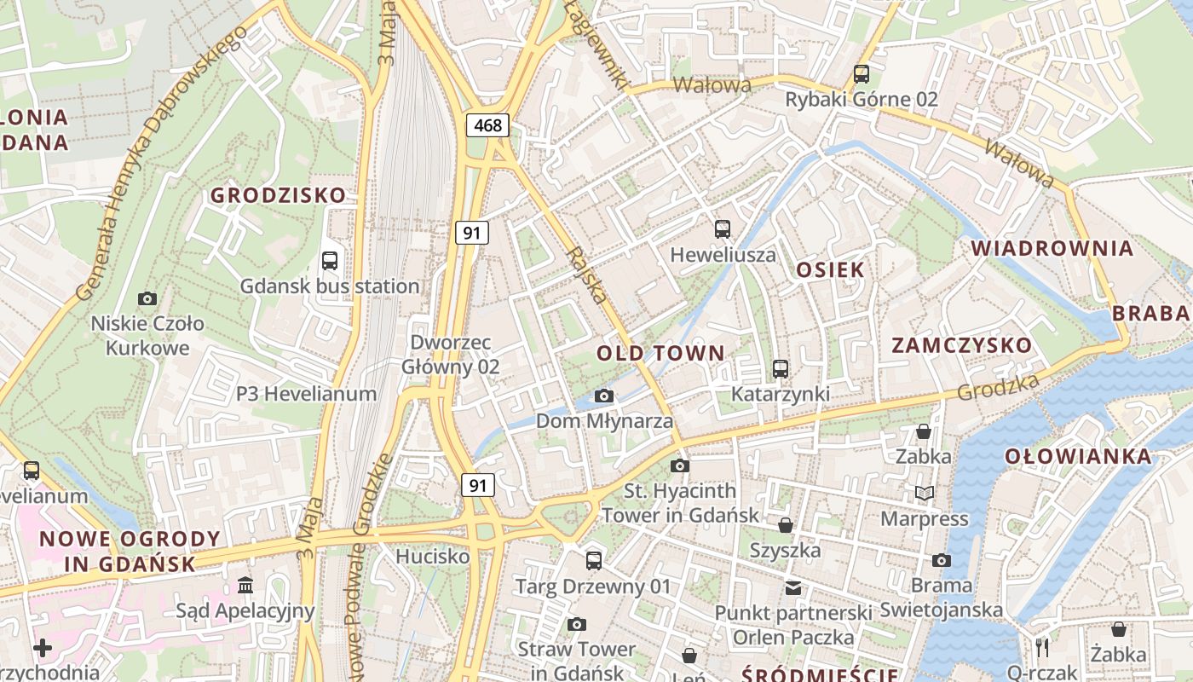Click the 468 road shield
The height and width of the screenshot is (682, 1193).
point(487,125)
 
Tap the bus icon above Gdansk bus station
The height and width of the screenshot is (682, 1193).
point(330,261)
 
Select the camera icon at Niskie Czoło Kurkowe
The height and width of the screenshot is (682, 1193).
point(147,298)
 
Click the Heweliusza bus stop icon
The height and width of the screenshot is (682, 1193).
point(723,228)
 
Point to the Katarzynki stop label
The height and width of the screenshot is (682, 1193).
point(780,394)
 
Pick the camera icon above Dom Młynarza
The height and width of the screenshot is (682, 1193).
point(604,396)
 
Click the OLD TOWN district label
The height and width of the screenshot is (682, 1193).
point(660,353)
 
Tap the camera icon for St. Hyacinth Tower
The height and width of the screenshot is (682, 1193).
point(680,465)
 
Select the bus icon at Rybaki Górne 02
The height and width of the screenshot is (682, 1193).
point(862,73)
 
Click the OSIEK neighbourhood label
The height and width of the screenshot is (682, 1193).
point(830,270)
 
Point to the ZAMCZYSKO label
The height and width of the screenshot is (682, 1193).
point(961,345)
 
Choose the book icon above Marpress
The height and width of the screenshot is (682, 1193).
point(925,493)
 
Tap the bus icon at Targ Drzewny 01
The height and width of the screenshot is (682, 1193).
point(594,561)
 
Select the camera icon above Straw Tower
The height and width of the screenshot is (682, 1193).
point(577,624)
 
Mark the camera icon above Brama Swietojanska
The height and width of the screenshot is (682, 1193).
point(942,560)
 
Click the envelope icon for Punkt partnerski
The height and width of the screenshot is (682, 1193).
point(793,587)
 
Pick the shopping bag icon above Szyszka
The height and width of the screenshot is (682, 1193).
point(785,524)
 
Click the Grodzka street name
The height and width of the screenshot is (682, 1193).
point(998,386)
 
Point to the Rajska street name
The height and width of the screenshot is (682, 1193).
point(587,275)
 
